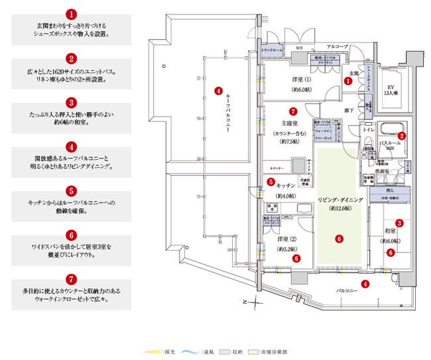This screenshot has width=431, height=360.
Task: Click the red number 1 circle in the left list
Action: (72, 13)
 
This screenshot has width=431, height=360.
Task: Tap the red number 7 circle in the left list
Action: (72, 280)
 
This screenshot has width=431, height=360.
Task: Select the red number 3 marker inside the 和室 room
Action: (399, 223)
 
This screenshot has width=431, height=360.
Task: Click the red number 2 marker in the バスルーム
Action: (401, 135)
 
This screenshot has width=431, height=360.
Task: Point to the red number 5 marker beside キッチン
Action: (271, 182)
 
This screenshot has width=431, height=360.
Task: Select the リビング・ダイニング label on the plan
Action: (338, 199)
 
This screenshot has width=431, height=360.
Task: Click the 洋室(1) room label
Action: (301, 80)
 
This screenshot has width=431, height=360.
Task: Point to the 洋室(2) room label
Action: (287, 239)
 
